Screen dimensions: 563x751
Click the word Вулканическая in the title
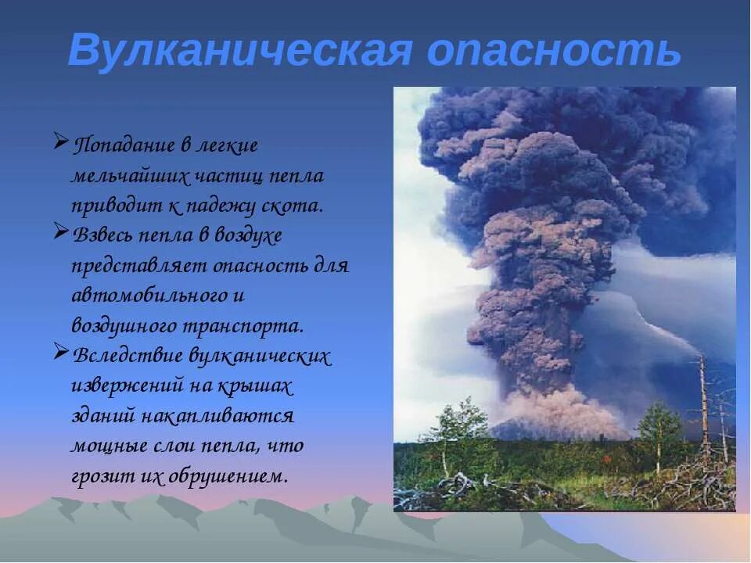pyautogui.click(x=239, y=52)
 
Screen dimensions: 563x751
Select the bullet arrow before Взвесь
pyautogui.click(x=62, y=232)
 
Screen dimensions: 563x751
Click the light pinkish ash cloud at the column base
pyautogui.click(x=559, y=411)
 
